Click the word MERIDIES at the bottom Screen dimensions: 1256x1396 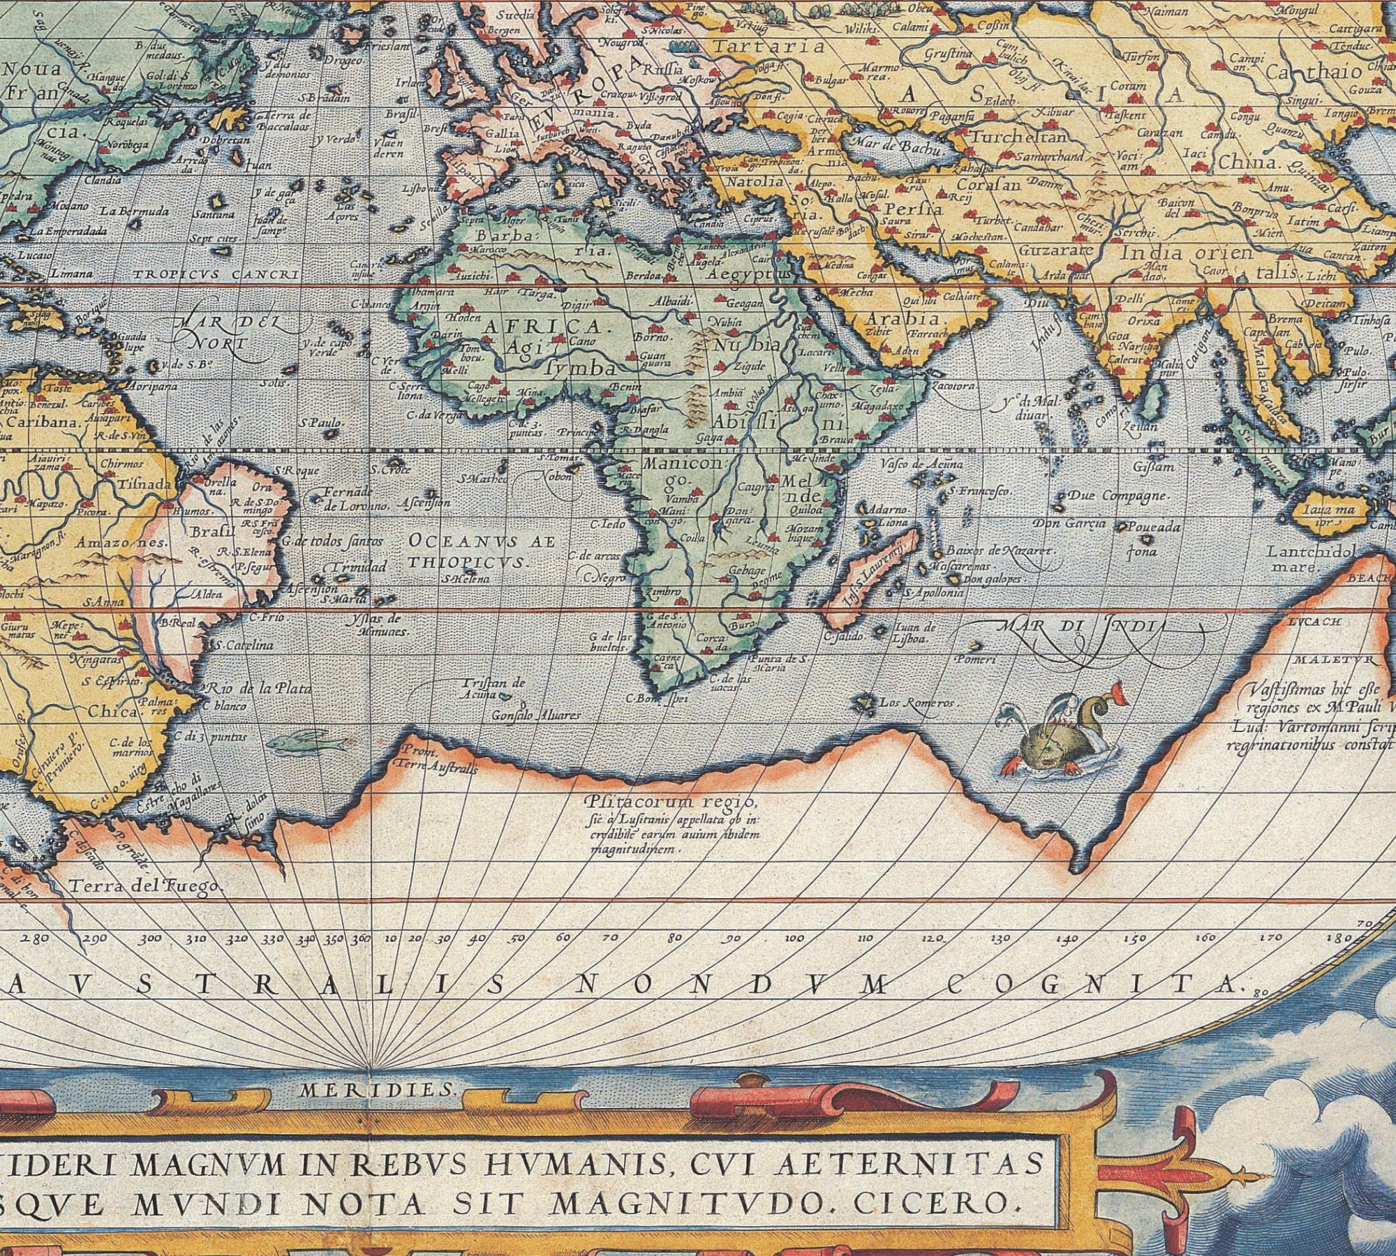point(378,1090)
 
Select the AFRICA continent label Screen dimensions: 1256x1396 point(541,327)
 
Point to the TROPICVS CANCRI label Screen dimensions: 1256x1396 point(216,275)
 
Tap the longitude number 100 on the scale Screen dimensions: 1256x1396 point(794,939)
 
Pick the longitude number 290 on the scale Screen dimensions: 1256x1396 point(94,939)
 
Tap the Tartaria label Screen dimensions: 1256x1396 point(768,47)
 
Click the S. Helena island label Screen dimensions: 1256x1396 point(466,578)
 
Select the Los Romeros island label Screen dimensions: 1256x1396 point(916,703)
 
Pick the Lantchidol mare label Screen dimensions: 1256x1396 point(1312,559)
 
